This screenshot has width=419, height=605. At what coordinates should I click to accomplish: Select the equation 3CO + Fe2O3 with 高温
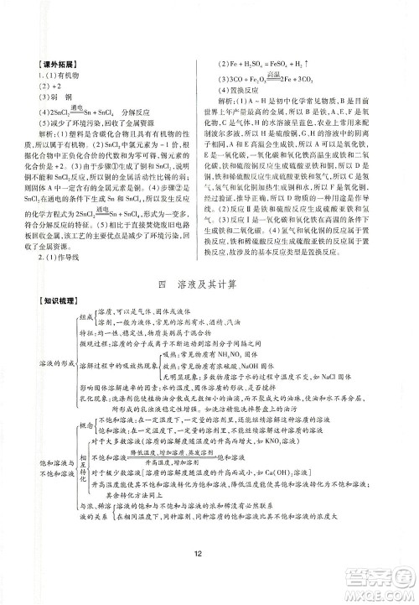pyautogui.click(x=263, y=77)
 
